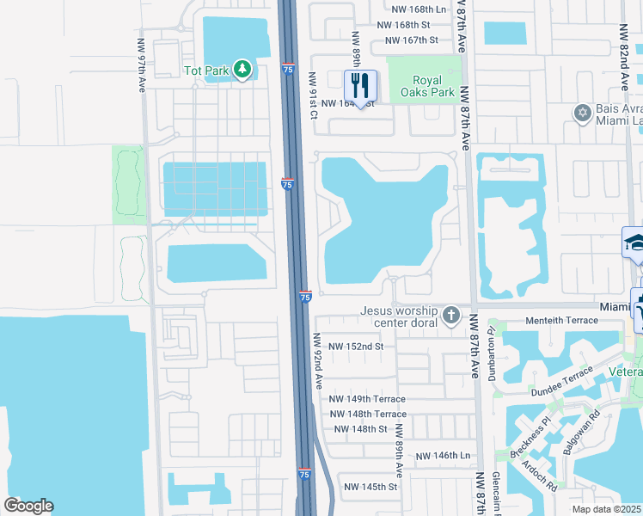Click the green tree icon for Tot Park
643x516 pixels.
point(242,69)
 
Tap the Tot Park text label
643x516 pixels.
point(206,70)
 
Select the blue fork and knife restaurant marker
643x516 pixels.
point(360,85)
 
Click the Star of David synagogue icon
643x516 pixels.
point(582,113)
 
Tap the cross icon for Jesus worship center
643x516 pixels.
point(450,316)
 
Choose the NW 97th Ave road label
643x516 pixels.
point(141,64)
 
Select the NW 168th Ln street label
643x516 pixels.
point(417,9)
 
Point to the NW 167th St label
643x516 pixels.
point(412,40)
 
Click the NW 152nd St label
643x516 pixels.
point(354,347)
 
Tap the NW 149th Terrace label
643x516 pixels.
point(368,400)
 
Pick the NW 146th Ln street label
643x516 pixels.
point(444,456)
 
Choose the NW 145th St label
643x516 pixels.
point(368,487)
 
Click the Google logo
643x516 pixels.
point(29,505)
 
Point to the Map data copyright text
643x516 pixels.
point(607,509)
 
